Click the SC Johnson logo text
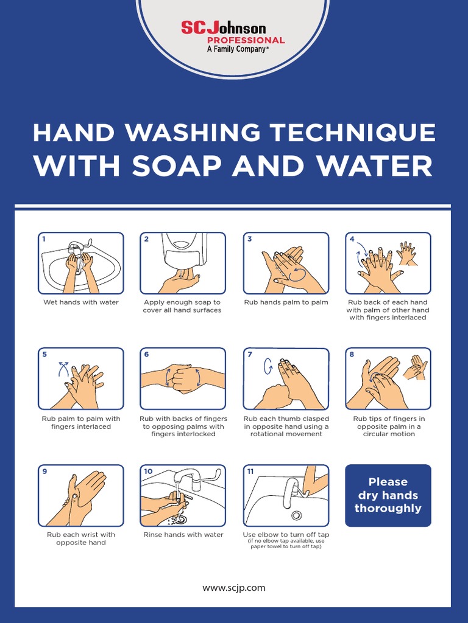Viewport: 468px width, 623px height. click(x=223, y=28)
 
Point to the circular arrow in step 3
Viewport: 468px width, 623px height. click(x=297, y=274)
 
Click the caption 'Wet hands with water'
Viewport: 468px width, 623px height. click(x=80, y=302)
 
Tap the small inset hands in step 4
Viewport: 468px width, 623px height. click(x=407, y=252)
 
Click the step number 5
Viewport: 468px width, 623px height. click(x=44, y=355)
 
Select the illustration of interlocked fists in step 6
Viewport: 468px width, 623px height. click(x=182, y=378)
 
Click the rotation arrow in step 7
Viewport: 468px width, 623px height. click(x=266, y=367)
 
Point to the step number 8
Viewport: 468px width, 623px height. click(x=352, y=355)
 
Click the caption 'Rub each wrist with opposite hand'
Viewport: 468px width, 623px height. click(x=80, y=538)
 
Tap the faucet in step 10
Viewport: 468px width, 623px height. click(x=190, y=478)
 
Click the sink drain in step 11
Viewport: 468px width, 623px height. click(x=296, y=515)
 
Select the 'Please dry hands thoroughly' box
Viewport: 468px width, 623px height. click(x=388, y=495)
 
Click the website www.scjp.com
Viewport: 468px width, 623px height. click(x=234, y=588)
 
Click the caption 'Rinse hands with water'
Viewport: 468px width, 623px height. click(x=183, y=535)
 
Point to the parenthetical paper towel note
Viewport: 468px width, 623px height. click(x=286, y=544)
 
